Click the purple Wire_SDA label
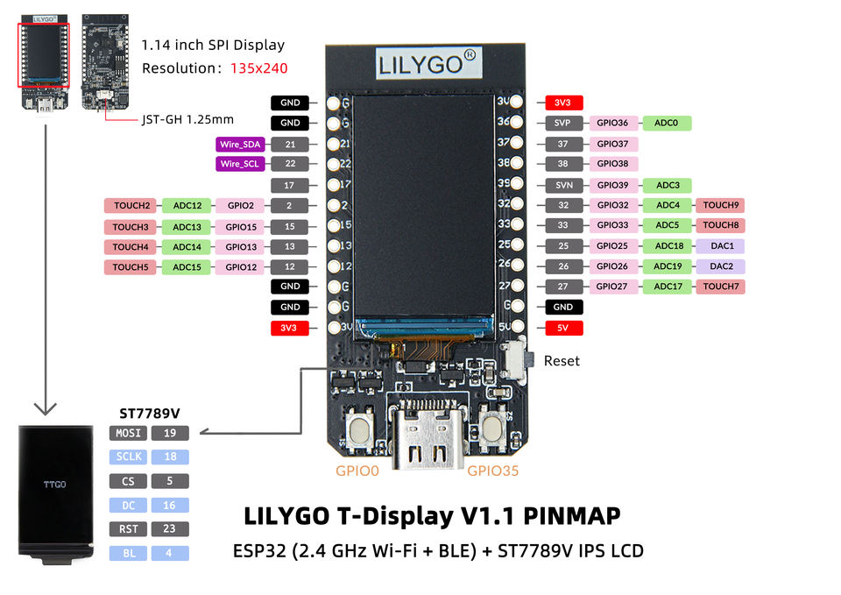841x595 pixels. [240, 145]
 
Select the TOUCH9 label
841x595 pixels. [720, 205]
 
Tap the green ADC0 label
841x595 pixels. [666, 123]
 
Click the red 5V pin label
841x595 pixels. [562, 328]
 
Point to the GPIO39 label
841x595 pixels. [613, 185]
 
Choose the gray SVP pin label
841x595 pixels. [562, 123]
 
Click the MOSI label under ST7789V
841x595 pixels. [128, 433]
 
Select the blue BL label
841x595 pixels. [128, 553]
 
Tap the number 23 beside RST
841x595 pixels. [169, 529]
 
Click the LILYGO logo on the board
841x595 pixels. [428, 64]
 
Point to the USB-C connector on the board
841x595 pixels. [428, 434]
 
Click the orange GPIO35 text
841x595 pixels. [493, 471]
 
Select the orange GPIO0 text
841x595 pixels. [357, 471]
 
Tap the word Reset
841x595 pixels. [562, 361]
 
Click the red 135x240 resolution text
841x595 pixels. [259, 68]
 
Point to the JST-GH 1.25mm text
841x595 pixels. [187, 120]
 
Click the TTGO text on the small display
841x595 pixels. [54, 485]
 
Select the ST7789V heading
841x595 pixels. [150, 413]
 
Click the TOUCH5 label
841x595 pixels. [131, 266]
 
